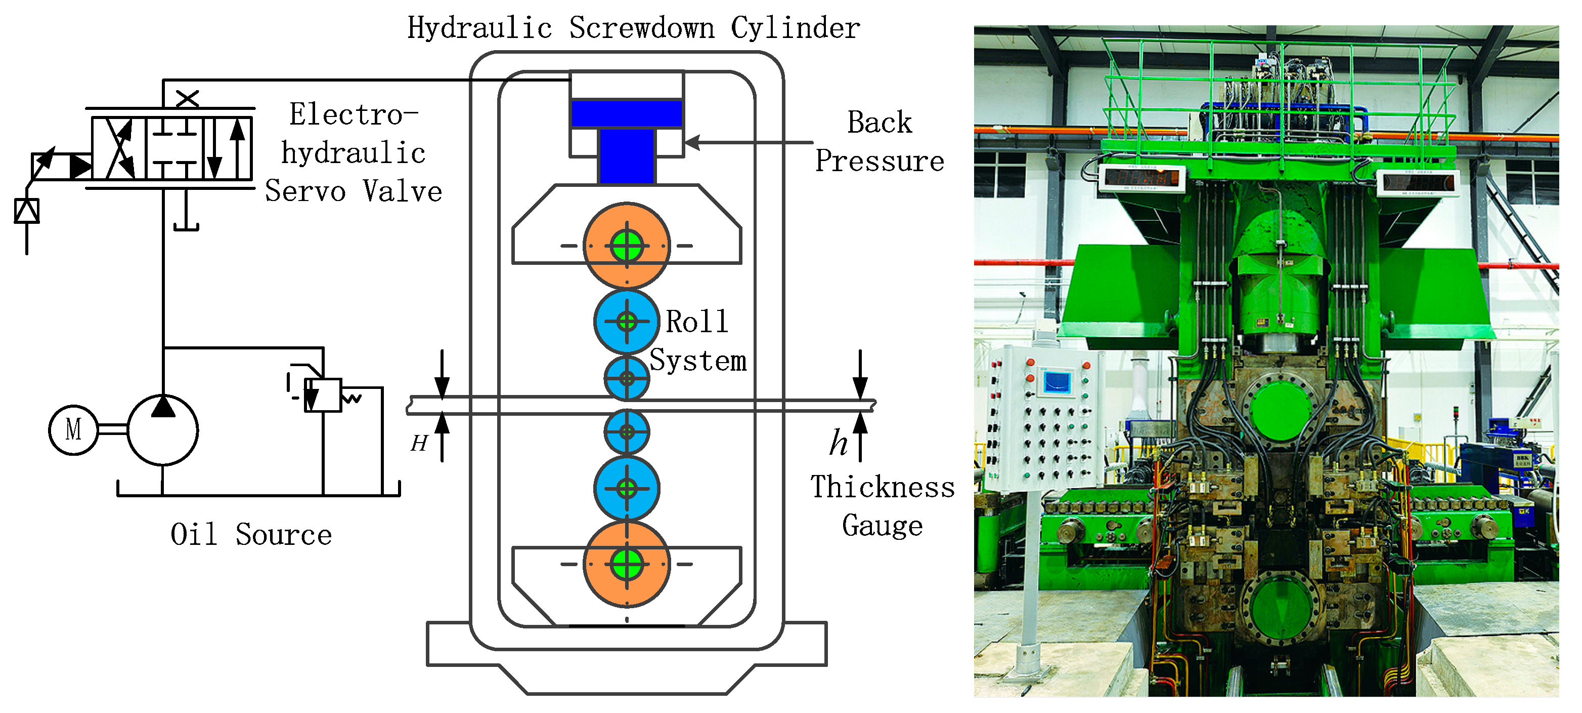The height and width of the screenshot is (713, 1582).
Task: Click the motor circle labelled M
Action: coord(73,429)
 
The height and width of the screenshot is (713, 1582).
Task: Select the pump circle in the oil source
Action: coord(163,430)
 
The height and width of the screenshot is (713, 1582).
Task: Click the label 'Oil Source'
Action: coord(251,534)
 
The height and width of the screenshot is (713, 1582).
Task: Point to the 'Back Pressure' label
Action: coord(880,142)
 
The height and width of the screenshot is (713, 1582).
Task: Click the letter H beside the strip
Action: coord(419,443)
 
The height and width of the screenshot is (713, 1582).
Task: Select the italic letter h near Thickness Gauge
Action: coord(839,443)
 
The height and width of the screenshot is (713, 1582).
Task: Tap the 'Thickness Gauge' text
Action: coord(883,506)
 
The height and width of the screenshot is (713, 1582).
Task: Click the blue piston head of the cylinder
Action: coord(627,114)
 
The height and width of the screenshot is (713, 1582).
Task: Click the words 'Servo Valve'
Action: coord(354,191)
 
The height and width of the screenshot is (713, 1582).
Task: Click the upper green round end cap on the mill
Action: coord(1281,406)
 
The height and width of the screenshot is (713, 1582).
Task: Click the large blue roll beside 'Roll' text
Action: coord(627,322)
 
